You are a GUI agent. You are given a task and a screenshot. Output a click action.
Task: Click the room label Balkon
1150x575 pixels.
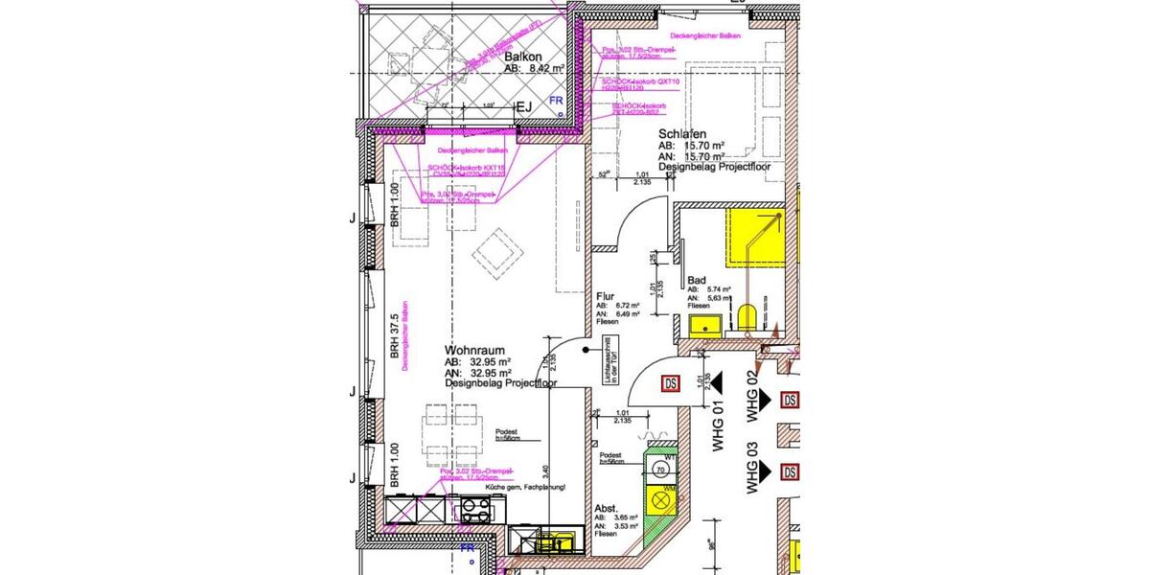point(524,57)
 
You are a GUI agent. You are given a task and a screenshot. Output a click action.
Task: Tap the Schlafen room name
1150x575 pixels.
point(682,133)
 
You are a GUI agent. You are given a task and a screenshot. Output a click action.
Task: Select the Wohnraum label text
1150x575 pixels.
point(475,352)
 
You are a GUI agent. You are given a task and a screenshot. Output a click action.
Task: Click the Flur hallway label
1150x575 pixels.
point(604,297)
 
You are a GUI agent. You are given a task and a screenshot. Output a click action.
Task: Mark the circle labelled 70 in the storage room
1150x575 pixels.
point(661,471)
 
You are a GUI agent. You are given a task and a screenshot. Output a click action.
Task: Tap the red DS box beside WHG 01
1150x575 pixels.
point(672,383)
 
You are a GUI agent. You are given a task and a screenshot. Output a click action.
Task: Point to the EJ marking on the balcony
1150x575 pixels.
point(524,108)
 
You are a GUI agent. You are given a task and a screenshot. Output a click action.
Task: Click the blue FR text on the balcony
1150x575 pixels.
point(555,100)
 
